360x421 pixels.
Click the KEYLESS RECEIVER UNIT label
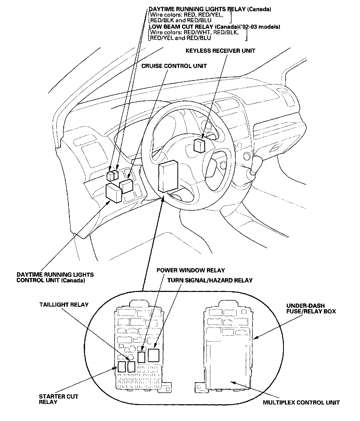pyautogui.click(x=220, y=51)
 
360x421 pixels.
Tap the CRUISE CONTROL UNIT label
pyautogui.click(x=174, y=66)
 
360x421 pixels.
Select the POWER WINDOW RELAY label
pyautogui.click(x=190, y=270)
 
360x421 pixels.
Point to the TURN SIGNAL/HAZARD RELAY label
pyautogui.click(x=210, y=280)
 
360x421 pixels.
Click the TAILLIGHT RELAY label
pyautogui.click(x=64, y=304)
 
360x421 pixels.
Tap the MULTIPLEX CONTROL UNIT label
pyautogui.click(x=301, y=402)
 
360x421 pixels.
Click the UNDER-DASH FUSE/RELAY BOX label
pyautogui.click(x=311, y=308)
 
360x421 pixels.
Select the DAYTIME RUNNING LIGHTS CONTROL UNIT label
pyautogui.click(x=55, y=278)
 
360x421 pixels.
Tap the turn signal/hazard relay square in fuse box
pyautogui.click(x=154, y=355)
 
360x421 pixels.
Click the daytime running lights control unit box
pyautogui.click(x=114, y=192)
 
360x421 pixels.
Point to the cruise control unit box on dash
pyautogui.click(x=126, y=186)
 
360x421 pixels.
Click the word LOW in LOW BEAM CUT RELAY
pyautogui.click(x=155, y=27)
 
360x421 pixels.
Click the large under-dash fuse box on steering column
pyautogui.click(x=168, y=176)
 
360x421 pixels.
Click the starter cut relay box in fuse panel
pyautogui.click(x=122, y=367)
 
